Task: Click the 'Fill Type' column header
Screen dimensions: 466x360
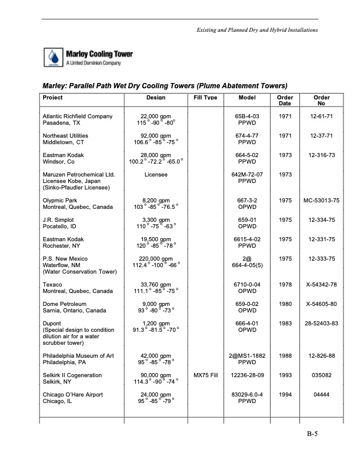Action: tap(206, 98)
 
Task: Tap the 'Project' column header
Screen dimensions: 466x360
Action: tap(53, 98)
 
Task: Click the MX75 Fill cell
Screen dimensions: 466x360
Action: tap(206, 375)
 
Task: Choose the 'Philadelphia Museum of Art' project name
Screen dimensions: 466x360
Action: tap(81, 355)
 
